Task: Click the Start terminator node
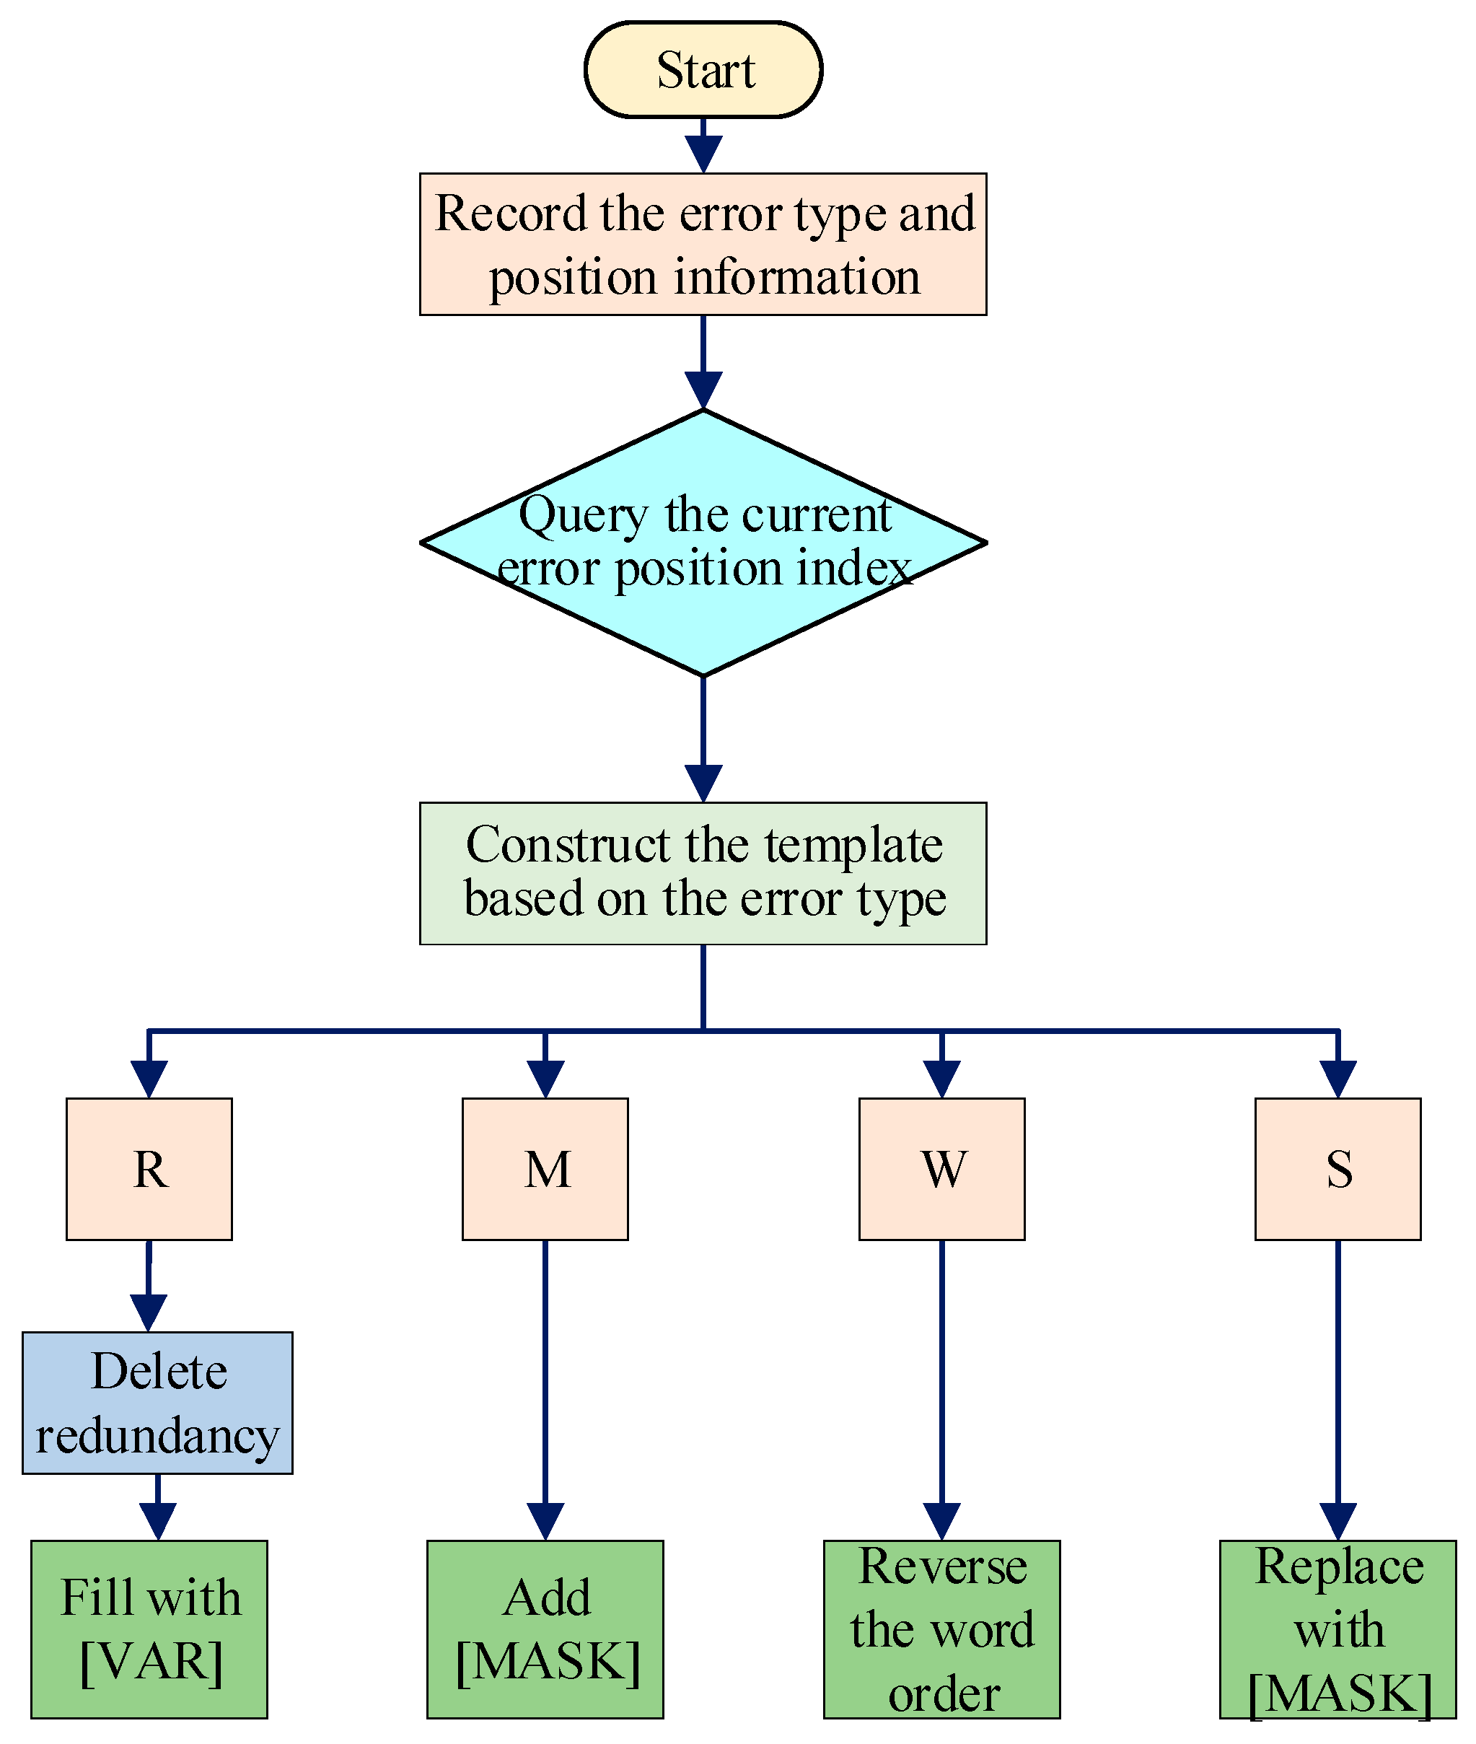[703, 69]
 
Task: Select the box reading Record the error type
[703, 245]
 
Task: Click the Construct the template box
[703, 874]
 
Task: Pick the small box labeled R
[149, 1169]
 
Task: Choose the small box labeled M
[545, 1169]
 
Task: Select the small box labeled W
[941, 1169]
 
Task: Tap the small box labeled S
[1338, 1169]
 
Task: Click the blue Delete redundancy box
[157, 1403]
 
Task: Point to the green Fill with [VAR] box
[149, 1629]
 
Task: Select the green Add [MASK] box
[545, 1629]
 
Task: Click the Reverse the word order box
[941, 1629]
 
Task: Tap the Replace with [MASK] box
[1338, 1629]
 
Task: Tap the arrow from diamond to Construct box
[703, 737]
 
